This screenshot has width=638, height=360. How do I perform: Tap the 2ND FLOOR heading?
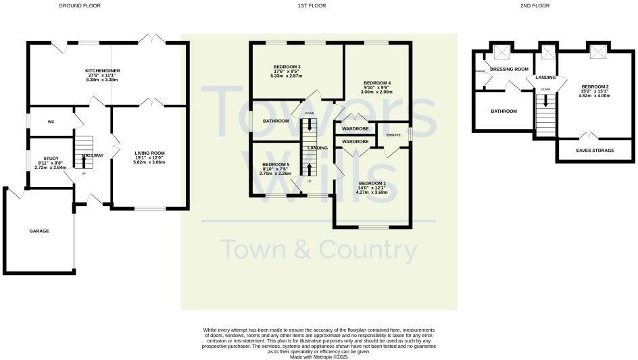point(535,5)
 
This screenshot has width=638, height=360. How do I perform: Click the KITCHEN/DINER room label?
point(102,70)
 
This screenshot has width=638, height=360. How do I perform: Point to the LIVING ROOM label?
point(149,153)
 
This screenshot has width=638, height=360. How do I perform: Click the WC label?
point(51,122)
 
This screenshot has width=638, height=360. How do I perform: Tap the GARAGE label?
point(39,231)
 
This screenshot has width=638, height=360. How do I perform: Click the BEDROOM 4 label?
point(376,82)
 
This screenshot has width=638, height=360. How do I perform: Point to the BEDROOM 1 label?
point(372,183)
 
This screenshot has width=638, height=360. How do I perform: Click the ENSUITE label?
point(393,135)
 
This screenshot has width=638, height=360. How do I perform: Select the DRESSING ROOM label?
point(509,69)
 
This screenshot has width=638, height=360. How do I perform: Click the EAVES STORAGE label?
point(595,151)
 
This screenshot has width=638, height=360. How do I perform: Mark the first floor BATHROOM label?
point(276,121)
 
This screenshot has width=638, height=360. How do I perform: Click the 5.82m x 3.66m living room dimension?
point(149,163)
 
